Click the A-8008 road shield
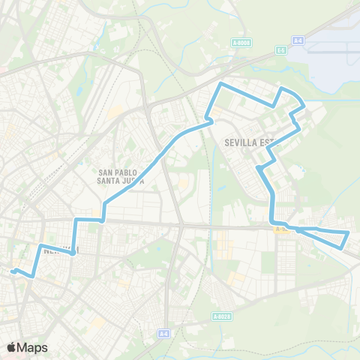point(241,43)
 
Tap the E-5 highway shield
point(281,50)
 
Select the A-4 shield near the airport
point(298,40)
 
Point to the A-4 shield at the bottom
point(163,332)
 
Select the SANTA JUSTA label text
point(120,180)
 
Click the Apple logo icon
point(11,347)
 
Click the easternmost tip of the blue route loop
point(349,234)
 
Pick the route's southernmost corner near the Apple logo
point(31,276)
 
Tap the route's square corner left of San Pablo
point(76,219)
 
